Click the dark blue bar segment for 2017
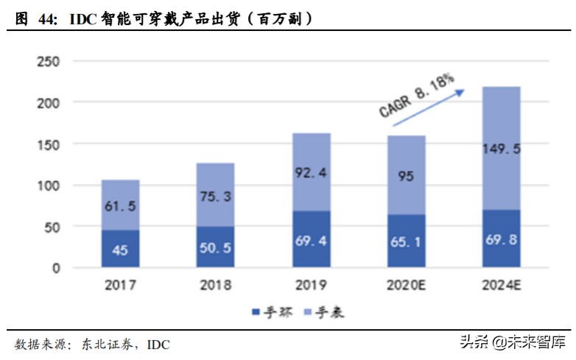click(x=121, y=249)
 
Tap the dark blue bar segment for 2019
click(x=311, y=239)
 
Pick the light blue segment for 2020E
click(x=406, y=175)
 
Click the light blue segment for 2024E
click(x=502, y=148)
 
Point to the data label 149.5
click(x=502, y=149)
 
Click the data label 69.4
click(x=311, y=241)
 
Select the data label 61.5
click(x=121, y=206)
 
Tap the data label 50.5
click(x=216, y=247)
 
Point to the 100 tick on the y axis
click(x=48, y=186)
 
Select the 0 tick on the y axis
click(x=55, y=268)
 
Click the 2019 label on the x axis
click(x=311, y=285)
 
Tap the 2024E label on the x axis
click(x=502, y=285)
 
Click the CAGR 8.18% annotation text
click(x=416, y=96)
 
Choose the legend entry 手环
click(x=274, y=313)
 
